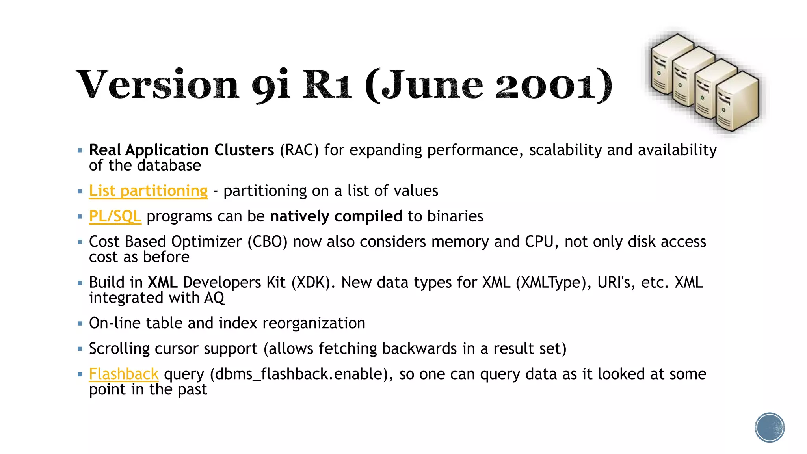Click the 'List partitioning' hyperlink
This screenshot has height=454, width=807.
pos(148,191)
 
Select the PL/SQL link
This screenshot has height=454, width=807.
pos(115,216)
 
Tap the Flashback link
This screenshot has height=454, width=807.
pos(124,374)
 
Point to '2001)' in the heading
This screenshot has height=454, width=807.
pos(553,85)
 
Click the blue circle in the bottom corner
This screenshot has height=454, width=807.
pos(770,428)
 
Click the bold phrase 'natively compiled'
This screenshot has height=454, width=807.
pos(336,216)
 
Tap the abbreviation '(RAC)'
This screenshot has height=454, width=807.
pos(299,150)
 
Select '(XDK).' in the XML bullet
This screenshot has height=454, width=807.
pos(313,283)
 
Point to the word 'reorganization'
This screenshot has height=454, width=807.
pos(314,323)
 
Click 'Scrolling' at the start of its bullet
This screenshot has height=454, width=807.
pos(119,349)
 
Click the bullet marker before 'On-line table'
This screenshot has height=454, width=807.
pos(80,324)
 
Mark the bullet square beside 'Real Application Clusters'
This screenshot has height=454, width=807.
pos(80,150)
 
